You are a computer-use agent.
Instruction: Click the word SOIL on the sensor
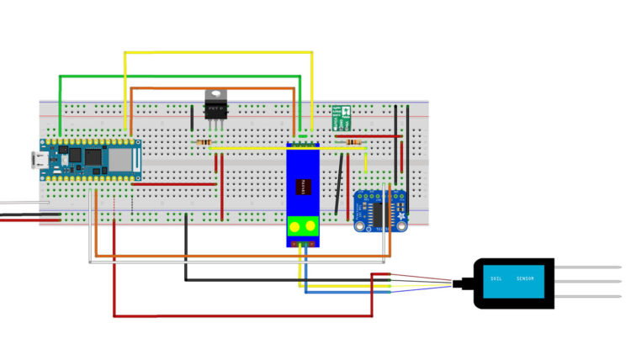(496, 278)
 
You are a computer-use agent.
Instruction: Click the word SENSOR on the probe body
(526, 278)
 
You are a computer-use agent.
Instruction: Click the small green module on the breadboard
(342, 117)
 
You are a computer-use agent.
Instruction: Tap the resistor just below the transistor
(204, 143)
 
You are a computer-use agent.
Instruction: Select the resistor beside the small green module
(354, 144)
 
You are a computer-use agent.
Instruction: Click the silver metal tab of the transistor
(216, 94)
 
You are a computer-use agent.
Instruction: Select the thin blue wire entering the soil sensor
(421, 288)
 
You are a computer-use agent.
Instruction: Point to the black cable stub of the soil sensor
(462, 283)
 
